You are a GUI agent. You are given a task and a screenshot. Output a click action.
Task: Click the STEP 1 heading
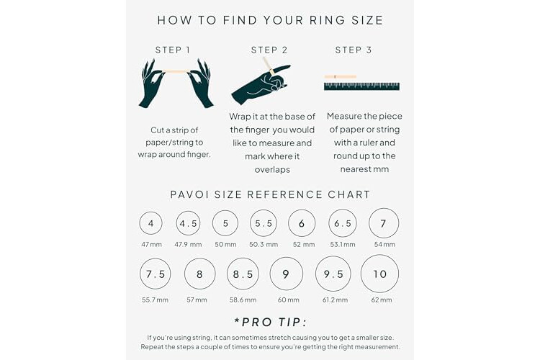173,50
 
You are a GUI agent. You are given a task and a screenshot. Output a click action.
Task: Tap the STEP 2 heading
269,50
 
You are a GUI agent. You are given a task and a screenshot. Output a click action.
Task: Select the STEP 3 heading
354,50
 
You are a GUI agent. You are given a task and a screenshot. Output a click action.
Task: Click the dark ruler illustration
361,86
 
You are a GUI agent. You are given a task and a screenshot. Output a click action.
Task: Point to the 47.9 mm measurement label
188,245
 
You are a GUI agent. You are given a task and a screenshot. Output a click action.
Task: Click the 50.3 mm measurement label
264,245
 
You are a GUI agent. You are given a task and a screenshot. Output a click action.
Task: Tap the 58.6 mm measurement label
243,300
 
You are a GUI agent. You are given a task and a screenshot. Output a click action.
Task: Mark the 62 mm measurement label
382,300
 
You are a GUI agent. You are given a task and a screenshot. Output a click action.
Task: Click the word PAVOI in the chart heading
189,194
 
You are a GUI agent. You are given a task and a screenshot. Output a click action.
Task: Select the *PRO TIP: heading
270,322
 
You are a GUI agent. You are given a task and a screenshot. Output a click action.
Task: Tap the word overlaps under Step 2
272,169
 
